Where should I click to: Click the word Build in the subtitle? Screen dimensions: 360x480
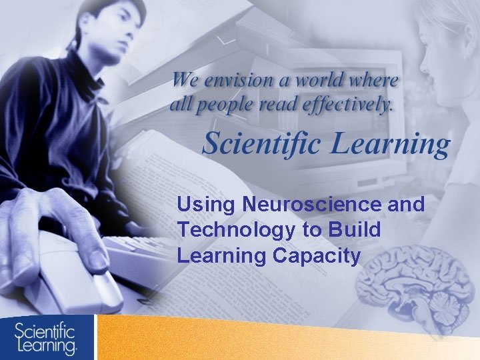tap(355, 229)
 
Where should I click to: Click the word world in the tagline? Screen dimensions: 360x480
tap(320, 81)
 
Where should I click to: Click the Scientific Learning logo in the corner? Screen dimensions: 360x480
tap(47, 337)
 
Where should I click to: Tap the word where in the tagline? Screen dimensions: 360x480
tap(377, 81)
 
